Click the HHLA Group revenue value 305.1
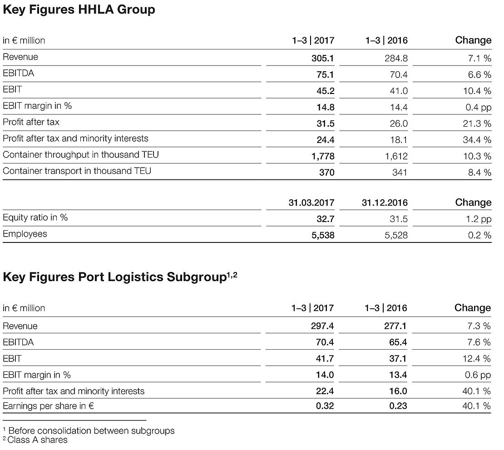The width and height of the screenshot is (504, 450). point(323,59)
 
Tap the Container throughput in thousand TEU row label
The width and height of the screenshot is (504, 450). point(81,155)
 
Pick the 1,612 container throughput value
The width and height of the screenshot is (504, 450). point(397,156)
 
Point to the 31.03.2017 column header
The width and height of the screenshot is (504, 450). point(311,203)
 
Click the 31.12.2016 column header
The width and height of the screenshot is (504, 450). point(385,203)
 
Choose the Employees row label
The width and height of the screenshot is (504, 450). point(25,234)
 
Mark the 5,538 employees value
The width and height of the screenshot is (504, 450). point(323,235)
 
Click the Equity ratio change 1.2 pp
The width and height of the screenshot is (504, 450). point(479,219)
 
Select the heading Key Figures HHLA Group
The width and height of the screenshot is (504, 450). point(79,10)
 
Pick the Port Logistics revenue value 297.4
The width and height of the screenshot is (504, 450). point(322,326)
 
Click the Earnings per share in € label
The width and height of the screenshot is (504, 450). point(48,406)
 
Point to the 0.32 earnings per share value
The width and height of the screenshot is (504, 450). point(325,406)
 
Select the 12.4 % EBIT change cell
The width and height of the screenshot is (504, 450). point(476,359)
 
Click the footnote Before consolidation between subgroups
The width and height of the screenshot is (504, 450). point(91,430)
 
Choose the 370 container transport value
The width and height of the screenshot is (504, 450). point(326,173)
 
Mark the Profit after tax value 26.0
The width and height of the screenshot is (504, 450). point(399,124)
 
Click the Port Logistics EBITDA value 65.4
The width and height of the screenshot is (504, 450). point(398,342)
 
